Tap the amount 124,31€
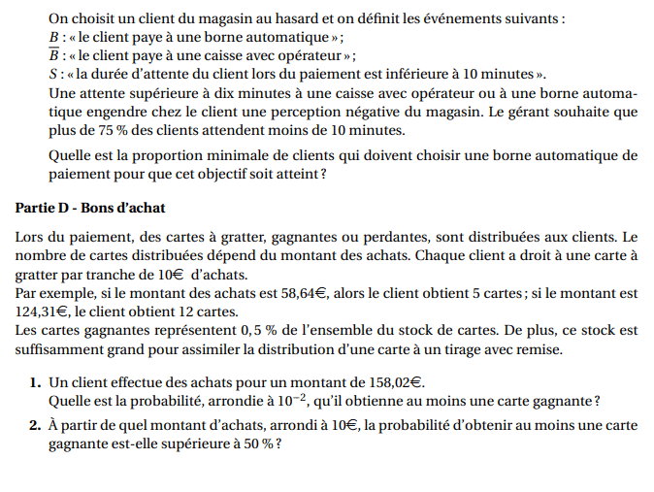(x=42, y=311)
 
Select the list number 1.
(x=33, y=382)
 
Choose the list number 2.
(x=33, y=425)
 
